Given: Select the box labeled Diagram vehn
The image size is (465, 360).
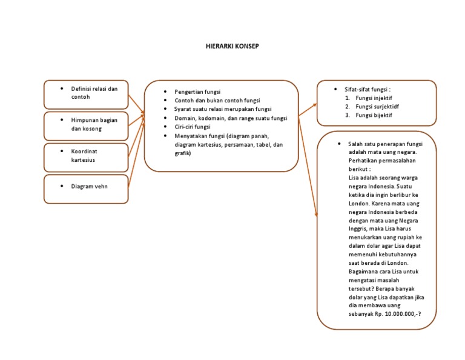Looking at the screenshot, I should click(x=85, y=188).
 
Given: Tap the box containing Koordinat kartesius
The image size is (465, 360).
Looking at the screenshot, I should click(x=85, y=157).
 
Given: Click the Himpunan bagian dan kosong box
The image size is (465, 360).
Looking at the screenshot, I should click(x=85, y=125).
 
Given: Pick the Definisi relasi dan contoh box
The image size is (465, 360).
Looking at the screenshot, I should click(x=85, y=94).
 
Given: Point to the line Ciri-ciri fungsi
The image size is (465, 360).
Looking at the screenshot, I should click(x=193, y=127).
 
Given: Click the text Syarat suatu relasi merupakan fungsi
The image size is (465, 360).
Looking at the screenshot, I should click(x=223, y=109).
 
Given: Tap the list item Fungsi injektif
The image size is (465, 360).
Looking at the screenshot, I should click(x=374, y=98).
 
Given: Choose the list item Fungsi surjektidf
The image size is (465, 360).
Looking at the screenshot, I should click(x=377, y=106).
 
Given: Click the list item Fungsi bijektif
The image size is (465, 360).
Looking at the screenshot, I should click(x=374, y=115).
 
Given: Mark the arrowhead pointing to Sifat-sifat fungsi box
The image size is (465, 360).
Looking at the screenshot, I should click(x=314, y=105).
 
